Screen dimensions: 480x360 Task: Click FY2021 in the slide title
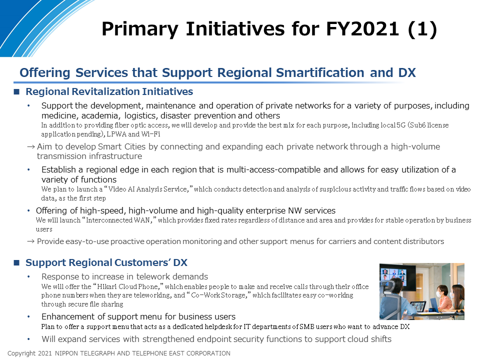coord(362,29)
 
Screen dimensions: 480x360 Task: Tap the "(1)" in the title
coord(422,29)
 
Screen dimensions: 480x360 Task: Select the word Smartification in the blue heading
coord(320,72)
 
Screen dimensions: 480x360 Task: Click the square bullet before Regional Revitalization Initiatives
coord(16,91)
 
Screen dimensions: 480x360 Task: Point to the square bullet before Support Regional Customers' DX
coord(16,262)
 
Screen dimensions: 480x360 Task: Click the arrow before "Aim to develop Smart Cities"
coord(31,147)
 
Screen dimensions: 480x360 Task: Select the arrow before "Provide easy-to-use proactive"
coord(31,241)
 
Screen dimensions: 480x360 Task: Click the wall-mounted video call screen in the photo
coord(397,275)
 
